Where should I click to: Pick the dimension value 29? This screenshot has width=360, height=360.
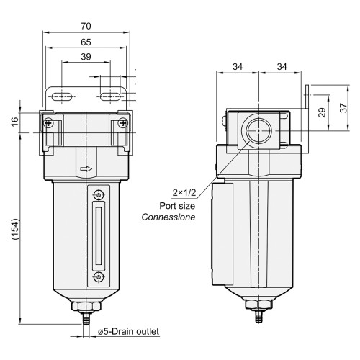(322, 112)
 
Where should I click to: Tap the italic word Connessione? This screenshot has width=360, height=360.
(168, 217)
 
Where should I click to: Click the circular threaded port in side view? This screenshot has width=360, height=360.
(258, 132)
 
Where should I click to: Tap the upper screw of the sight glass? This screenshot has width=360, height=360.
(99, 194)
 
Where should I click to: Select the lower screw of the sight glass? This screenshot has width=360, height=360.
(99, 276)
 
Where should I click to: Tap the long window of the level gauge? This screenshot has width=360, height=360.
(99, 235)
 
